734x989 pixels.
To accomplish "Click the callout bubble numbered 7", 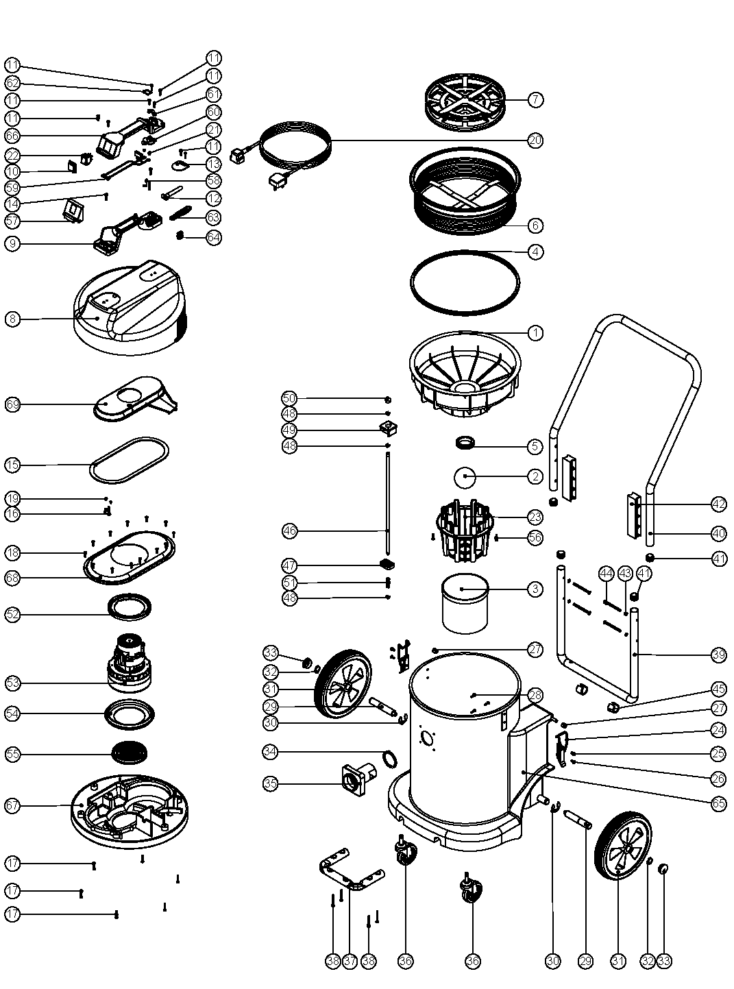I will point(535,99).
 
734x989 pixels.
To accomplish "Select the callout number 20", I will point(535,140).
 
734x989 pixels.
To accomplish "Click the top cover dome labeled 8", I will point(127,308).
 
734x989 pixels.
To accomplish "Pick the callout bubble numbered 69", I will point(12,404).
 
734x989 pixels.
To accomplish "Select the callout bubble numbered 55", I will point(12,754).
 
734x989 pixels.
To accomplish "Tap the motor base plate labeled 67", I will point(130,809).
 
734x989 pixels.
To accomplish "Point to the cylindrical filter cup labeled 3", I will point(465,603).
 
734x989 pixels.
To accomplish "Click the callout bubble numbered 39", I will point(718,655).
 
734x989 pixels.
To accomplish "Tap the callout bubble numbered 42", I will point(718,504).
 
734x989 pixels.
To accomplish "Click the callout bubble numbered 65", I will point(718,803).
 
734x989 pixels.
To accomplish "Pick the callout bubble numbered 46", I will point(290,530).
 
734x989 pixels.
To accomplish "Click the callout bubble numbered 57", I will point(12,221).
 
